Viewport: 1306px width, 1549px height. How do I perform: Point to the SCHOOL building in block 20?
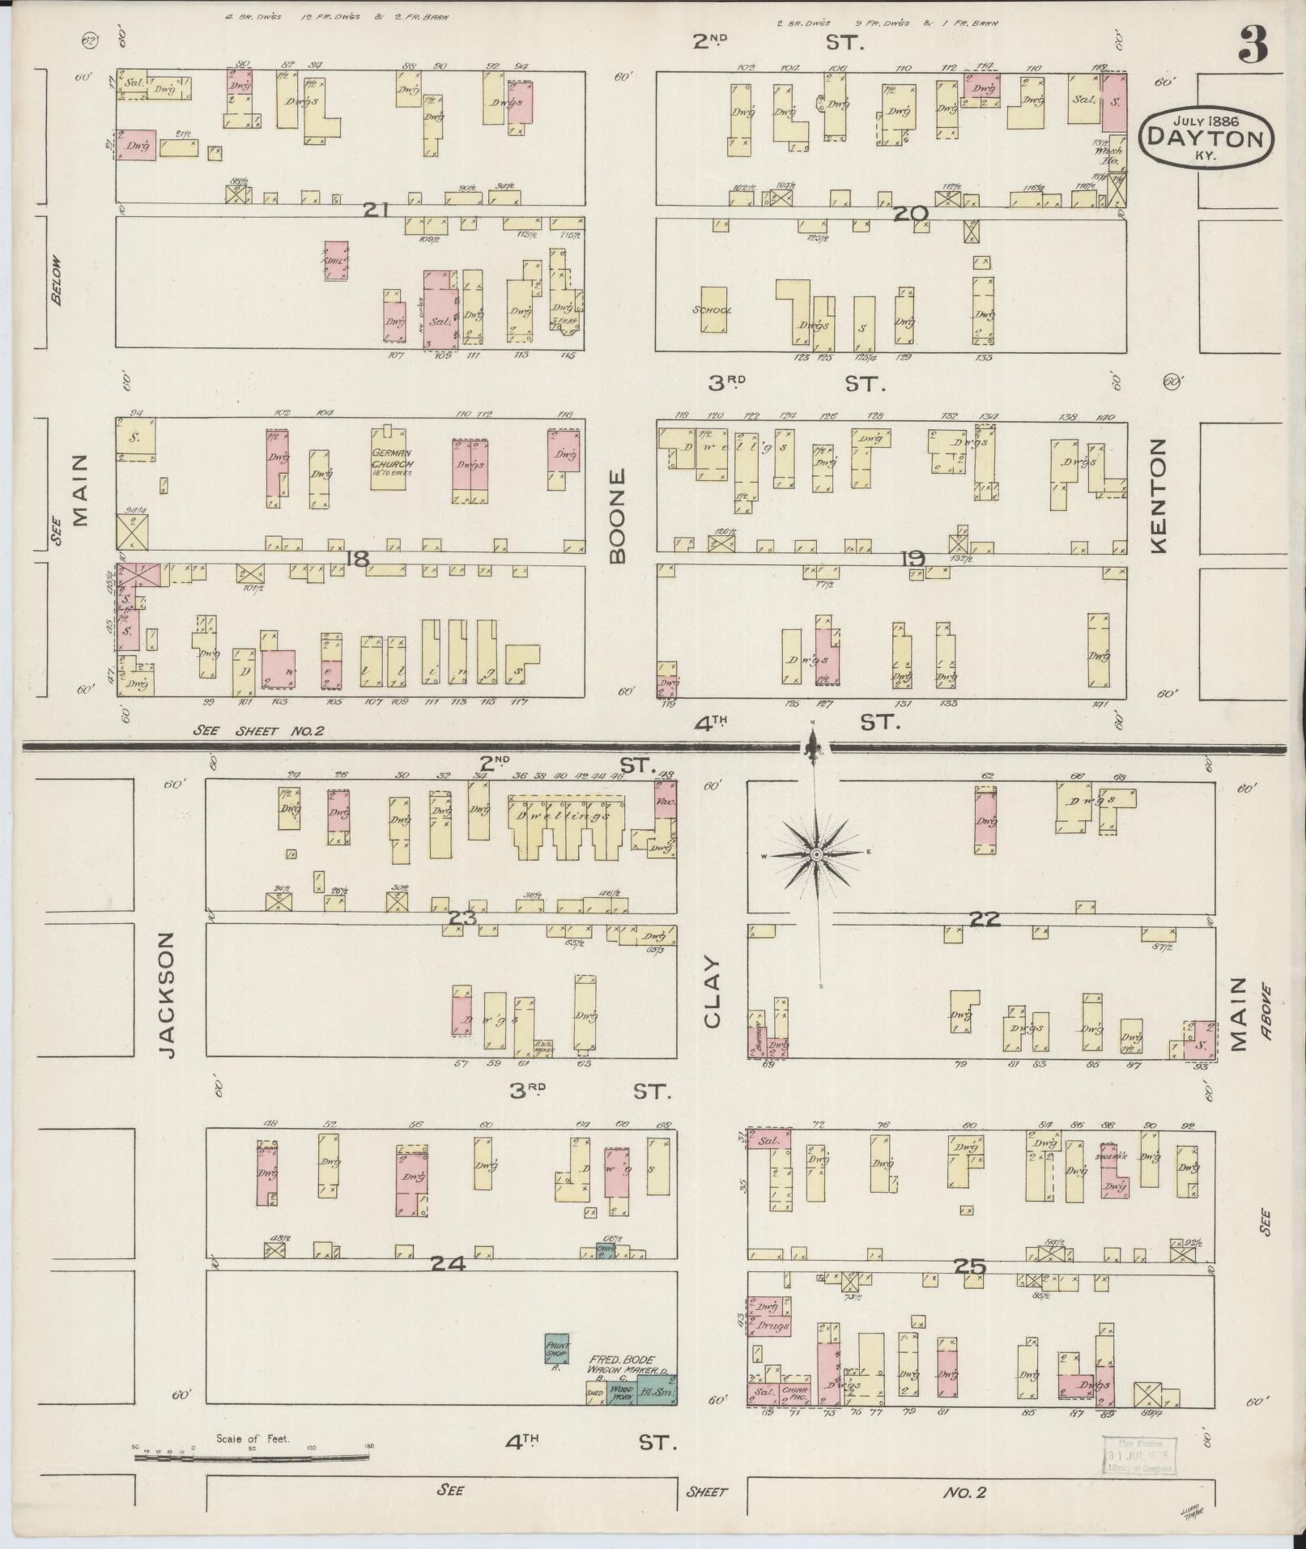click(x=713, y=309)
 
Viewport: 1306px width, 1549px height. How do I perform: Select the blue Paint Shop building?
click(x=557, y=1348)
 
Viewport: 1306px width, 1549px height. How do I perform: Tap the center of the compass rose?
click(x=817, y=854)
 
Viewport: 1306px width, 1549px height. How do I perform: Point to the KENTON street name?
click(x=1158, y=496)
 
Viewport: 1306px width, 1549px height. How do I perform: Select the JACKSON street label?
click(x=166, y=994)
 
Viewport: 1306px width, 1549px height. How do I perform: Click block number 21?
click(x=376, y=211)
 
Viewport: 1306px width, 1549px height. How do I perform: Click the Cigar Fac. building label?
click(x=797, y=1392)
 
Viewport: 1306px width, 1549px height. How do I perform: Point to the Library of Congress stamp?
click(x=1138, y=1455)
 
